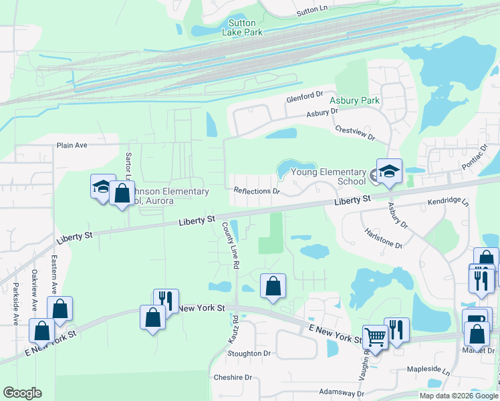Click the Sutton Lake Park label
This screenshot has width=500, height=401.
[x=243, y=27]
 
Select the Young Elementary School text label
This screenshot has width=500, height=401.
[x=328, y=176]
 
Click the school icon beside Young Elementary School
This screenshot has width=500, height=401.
[x=389, y=172]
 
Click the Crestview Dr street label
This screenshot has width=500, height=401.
[x=355, y=132]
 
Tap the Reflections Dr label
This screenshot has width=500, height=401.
[x=256, y=190]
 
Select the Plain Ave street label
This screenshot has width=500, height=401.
[x=73, y=145]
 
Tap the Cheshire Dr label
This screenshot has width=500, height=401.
[x=232, y=378]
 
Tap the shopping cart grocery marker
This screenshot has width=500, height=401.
[x=375, y=338]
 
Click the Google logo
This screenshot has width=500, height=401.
[x=22, y=393]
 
